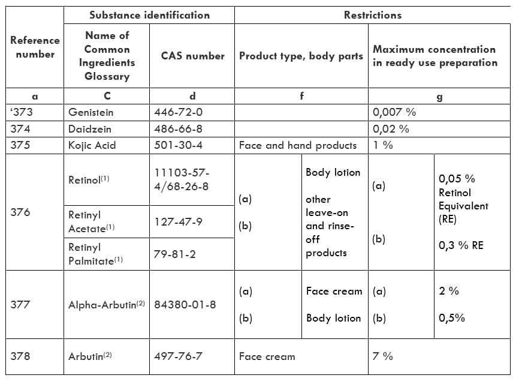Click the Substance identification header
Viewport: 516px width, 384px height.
pos(149,15)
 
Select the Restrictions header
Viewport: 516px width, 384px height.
pos(372,15)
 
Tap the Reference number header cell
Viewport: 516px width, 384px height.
pos(35,47)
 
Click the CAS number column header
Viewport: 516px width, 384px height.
pos(192,56)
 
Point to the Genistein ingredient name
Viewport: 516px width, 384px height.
pos(90,112)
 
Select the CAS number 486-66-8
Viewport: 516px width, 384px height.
pos(179,128)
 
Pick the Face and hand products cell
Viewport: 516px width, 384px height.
pos(297,145)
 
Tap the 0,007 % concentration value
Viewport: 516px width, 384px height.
pos(394,112)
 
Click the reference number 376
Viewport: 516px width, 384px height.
pos(20,212)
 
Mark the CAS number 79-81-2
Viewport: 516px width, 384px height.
pos(174,254)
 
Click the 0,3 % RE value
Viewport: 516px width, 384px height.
pos(461,245)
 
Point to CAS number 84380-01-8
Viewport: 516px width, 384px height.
pos(185,304)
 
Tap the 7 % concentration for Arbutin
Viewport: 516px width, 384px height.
pos(383,356)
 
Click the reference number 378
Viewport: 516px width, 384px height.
pos(20,356)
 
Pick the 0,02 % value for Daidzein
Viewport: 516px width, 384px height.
pos(391,128)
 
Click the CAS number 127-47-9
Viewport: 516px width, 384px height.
pos(178,221)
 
